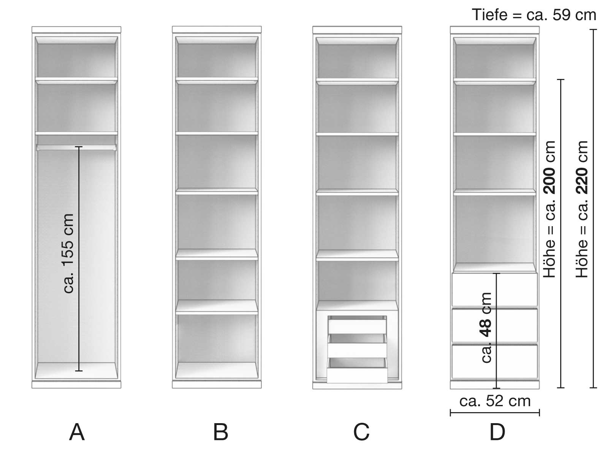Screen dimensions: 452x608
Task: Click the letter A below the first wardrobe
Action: [x=77, y=432]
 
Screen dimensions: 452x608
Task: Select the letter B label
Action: [x=220, y=432]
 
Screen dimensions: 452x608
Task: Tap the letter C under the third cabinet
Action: [x=361, y=432]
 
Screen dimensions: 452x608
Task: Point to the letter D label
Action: [x=497, y=432]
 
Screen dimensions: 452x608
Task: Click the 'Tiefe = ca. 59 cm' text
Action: [x=534, y=15]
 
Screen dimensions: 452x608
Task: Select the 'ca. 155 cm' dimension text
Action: [x=68, y=254]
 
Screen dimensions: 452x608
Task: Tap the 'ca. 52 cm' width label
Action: [x=495, y=401]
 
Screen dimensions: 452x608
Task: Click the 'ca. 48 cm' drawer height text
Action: [x=486, y=328]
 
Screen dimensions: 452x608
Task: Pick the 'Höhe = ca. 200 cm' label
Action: [x=550, y=209]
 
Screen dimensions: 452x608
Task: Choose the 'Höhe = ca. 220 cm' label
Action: [x=582, y=209]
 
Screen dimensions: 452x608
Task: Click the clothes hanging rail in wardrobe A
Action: [x=76, y=147]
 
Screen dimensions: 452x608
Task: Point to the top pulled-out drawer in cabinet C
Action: [x=357, y=326]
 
